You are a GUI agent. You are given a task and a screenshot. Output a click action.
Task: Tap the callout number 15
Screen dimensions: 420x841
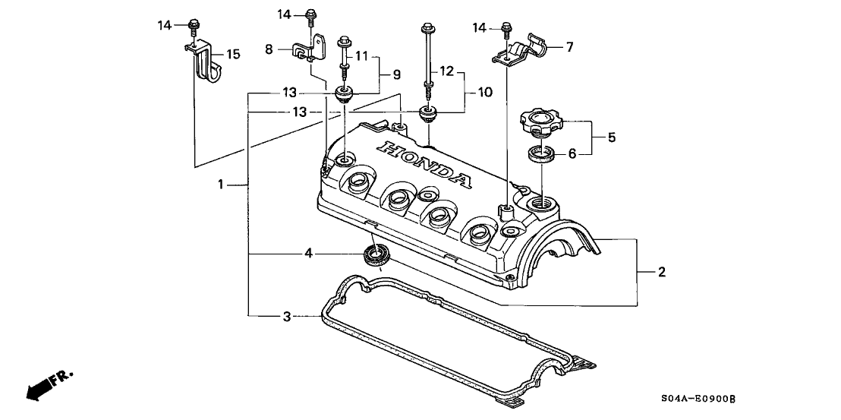233,54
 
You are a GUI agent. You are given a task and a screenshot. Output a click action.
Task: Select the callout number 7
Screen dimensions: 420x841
569,47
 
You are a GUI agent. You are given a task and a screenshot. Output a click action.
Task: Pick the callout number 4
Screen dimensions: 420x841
307,252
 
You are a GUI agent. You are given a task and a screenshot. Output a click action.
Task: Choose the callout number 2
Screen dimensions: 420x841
662,272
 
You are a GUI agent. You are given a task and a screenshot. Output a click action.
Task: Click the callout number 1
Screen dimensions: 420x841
221,184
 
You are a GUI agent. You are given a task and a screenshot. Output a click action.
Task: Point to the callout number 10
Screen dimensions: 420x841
484,92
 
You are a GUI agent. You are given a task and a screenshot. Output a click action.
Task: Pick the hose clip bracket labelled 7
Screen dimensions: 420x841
524,49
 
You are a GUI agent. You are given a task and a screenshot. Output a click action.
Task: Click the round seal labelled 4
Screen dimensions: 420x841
376,254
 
